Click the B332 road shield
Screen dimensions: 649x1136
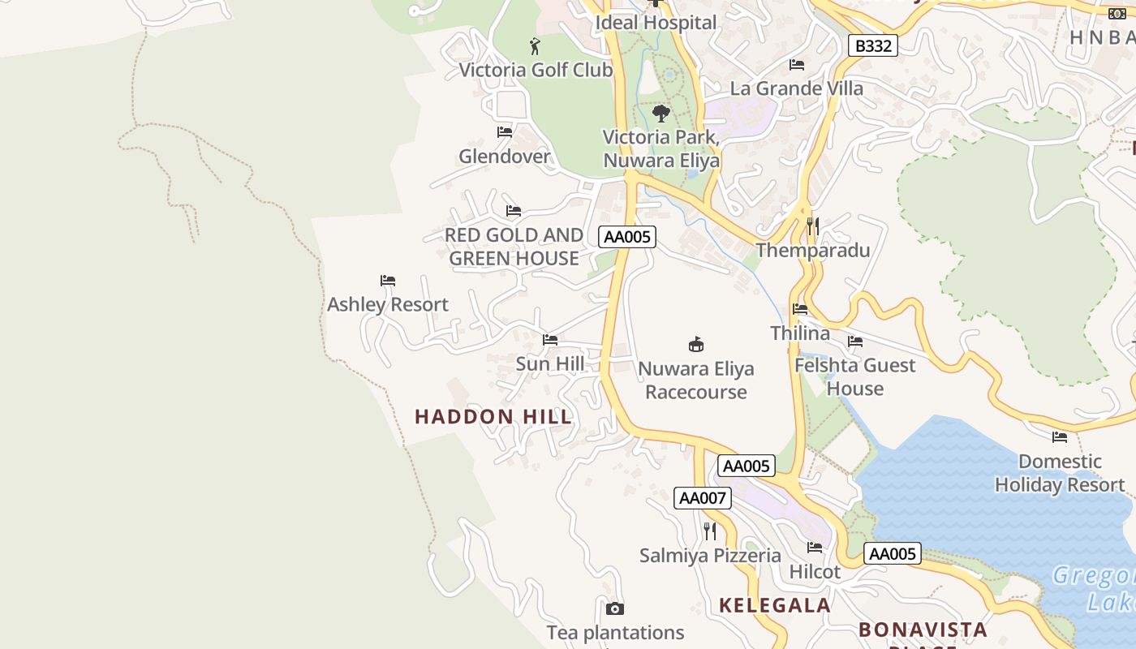pyautogui.click(x=873, y=45)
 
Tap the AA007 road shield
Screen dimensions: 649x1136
pyautogui.click(x=702, y=497)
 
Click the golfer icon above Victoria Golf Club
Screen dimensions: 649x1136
pyautogui.click(x=534, y=46)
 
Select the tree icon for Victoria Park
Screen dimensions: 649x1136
pyautogui.click(x=661, y=113)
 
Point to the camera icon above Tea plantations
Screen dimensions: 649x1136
pyautogui.click(x=615, y=608)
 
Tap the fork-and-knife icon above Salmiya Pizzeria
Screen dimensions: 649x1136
pyautogui.click(x=710, y=531)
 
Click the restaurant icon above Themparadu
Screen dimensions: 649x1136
pyautogui.click(x=812, y=226)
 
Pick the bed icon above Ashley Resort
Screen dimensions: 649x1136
pyautogui.click(x=388, y=281)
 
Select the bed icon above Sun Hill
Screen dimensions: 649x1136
pyautogui.click(x=550, y=340)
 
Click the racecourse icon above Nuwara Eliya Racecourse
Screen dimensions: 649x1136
pyautogui.click(x=695, y=344)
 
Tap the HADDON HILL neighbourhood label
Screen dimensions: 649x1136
pyautogui.click(x=493, y=417)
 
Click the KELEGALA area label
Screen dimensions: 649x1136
pyautogui.click(x=775, y=605)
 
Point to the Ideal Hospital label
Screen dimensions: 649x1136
pyautogui.click(x=656, y=23)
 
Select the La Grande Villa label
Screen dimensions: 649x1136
pyautogui.click(x=797, y=88)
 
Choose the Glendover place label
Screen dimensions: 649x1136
pyautogui.click(x=504, y=156)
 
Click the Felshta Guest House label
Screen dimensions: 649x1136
pyautogui.click(x=854, y=376)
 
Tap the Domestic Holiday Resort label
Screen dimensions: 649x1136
pyautogui.click(x=1059, y=473)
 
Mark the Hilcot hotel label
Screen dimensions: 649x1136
pyautogui.click(x=815, y=572)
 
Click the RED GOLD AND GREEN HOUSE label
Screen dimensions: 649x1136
pyautogui.click(x=514, y=247)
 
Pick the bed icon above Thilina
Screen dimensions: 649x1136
pyautogui.click(x=800, y=309)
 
